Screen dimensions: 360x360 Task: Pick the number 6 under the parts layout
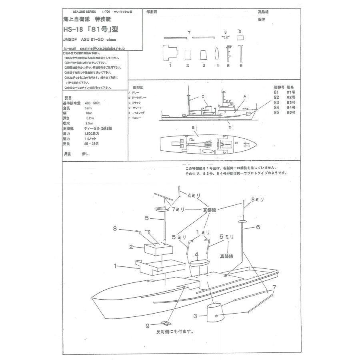point(241,65)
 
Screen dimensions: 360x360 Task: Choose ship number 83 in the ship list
point(276,102)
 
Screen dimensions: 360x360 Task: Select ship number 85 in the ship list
point(276,113)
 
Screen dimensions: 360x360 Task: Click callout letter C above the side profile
point(203,96)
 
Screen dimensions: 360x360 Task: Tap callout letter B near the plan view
point(193,128)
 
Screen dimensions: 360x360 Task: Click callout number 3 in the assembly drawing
point(195,316)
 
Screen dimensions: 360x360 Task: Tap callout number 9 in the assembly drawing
point(148,325)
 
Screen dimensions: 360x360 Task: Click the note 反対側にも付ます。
point(175,332)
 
